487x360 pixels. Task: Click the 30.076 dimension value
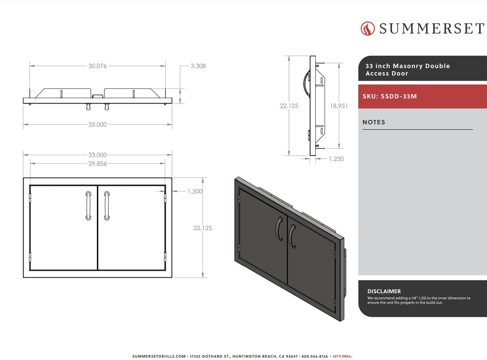coord(97,66)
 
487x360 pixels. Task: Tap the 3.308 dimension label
coord(198,66)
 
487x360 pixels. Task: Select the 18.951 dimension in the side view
coord(339,106)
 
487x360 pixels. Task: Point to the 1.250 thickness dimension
coord(336,159)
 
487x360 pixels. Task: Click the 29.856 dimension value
coord(97,164)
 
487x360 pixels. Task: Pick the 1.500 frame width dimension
coord(195,191)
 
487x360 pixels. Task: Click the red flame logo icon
coord(368,28)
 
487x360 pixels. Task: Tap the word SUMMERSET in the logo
coord(432,28)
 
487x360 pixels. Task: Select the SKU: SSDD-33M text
coord(390,97)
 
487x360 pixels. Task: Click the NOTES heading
coord(374,122)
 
